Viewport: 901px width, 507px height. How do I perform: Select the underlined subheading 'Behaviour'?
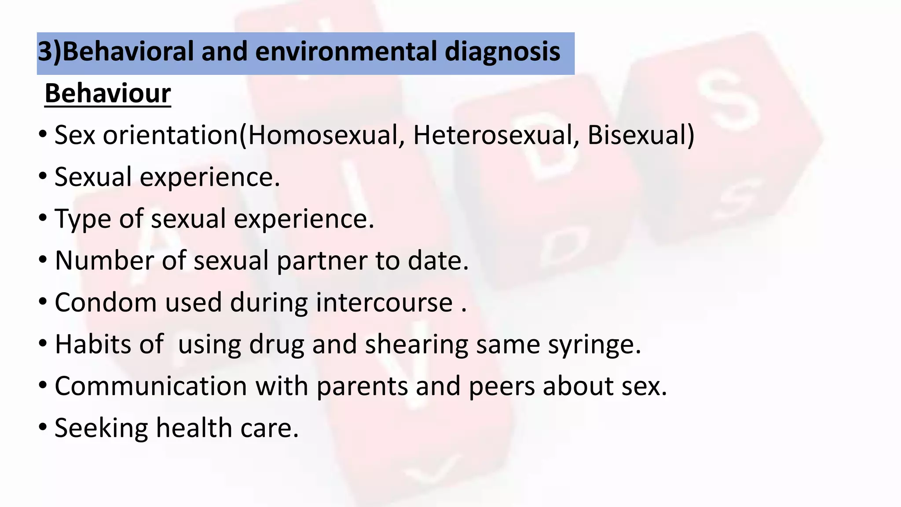point(108,93)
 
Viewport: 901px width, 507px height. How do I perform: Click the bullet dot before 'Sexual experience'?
point(43,176)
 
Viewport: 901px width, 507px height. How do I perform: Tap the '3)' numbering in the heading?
point(50,51)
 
